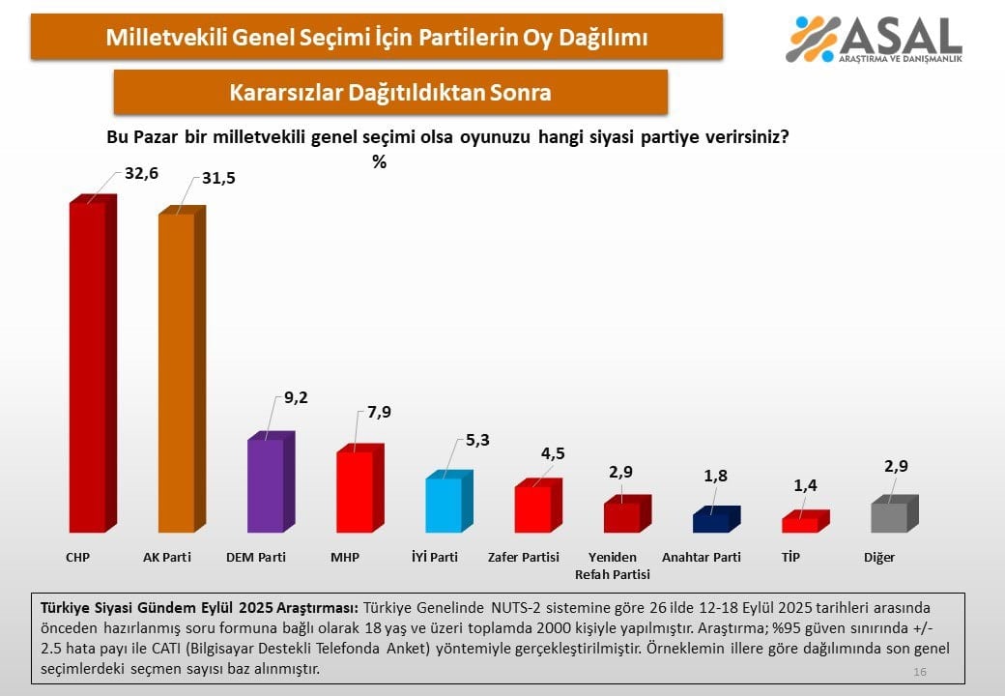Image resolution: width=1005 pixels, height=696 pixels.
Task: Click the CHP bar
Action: [x=88, y=367]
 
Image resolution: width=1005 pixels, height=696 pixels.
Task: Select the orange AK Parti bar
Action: [x=177, y=372]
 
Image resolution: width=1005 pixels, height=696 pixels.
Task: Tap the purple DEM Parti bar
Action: [x=266, y=485]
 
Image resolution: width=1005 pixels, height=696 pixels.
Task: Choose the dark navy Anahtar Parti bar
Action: [x=711, y=522]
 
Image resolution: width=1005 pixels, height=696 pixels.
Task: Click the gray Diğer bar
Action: [x=889, y=517]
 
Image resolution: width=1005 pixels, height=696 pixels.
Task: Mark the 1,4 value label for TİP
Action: [x=806, y=486]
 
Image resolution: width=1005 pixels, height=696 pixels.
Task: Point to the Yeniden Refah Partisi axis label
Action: [x=613, y=565]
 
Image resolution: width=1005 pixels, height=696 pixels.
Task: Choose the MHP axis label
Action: [x=344, y=558]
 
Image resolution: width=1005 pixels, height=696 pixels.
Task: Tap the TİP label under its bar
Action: [x=791, y=558]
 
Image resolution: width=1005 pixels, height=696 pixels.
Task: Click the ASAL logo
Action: [x=875, y=39]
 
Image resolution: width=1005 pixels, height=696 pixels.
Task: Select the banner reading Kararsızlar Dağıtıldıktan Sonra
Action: [x=390, y=93]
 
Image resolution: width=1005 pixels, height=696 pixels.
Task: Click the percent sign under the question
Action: [x=379, y=162]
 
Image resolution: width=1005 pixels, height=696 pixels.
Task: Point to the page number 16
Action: [x=919, y=672]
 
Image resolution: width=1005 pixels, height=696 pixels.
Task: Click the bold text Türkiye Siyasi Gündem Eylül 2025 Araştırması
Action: [x=196, y=608]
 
